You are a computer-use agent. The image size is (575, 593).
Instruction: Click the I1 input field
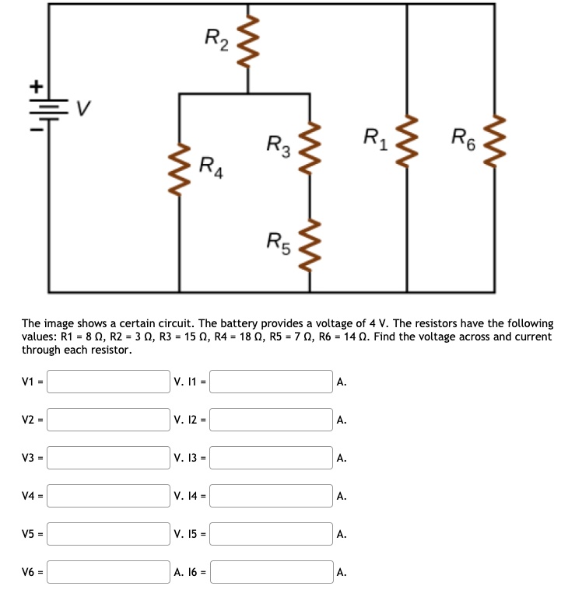coord(272,382)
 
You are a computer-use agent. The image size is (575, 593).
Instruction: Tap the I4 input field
coord(272,496)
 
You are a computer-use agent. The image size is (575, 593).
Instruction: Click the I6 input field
coord(272,572)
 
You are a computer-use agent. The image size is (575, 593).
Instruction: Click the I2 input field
coord(272,420)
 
